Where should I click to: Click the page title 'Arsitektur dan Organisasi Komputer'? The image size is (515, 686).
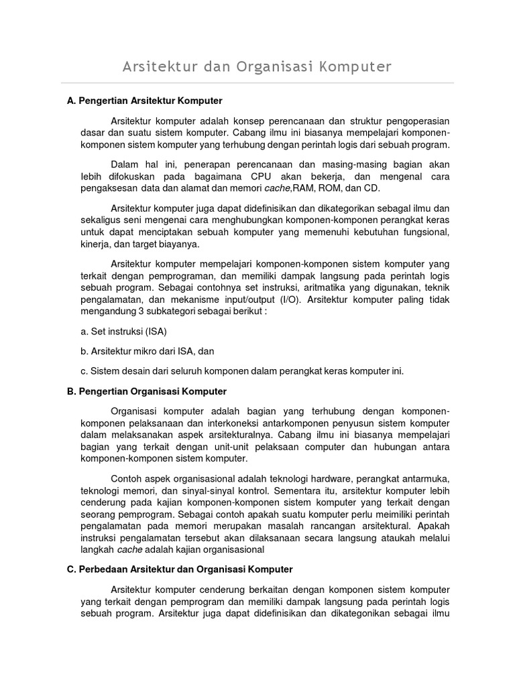pyautogui.click(x=257, y=67)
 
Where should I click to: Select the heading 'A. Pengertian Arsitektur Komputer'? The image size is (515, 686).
pyautogui.click(x=145, y=100)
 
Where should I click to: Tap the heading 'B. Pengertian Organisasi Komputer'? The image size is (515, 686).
pyautogui.click(x=147, y=391)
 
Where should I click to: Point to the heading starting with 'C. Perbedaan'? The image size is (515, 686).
pyautogui.click(x=180, y=569)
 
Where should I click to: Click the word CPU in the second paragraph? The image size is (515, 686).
pyautogui.click(x=270, y=176)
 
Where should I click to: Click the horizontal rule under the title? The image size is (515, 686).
pyautogui.click(x=257, y=83)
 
